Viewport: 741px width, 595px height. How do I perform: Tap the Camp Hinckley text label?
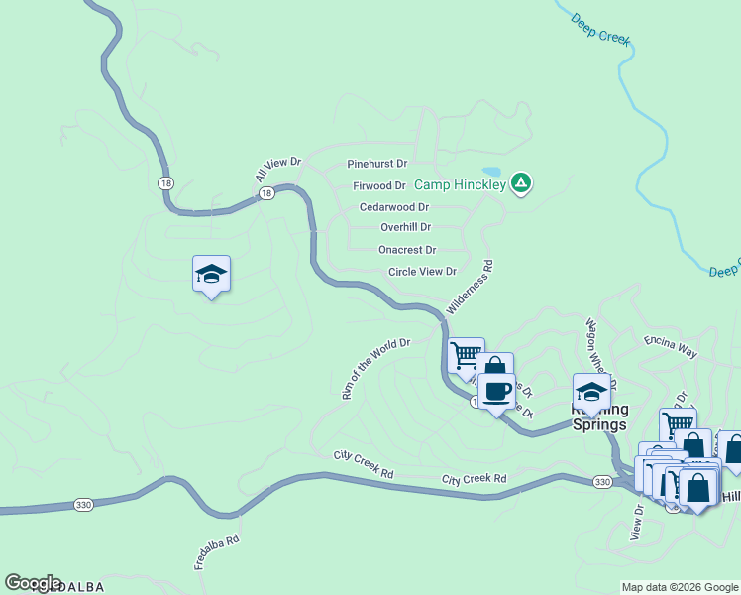pyautogui.click(x=460, y=184)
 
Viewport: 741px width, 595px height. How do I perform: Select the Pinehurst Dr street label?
pyautogui.click(x=377, y=163)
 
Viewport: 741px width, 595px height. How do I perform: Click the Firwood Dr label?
pyautogui.click(x=379, y=185)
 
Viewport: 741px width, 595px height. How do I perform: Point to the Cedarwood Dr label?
pyautogui.click(x=394, y=207)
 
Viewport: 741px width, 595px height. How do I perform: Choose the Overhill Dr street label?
pyautogui.click(x=405, y=227)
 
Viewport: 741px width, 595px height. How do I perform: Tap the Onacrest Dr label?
pyautogui.click(x=407, y=250)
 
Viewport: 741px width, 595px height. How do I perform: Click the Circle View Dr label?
pyautogui.click(x=422, y=271)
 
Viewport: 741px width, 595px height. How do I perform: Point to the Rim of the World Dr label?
pyautogui.click(x=375, y=368)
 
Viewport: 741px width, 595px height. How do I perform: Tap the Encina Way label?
pyautogui.click(x=671, y=346)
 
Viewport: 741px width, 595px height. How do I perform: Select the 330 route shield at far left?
pyautogui.click(x=83, y=505)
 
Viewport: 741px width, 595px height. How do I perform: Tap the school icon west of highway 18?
pyautogui.click(x=211, y=274)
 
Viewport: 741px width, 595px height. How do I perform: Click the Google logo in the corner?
pyautogui.click(x=32, y=583)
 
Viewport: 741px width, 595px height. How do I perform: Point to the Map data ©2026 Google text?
pyautogui.click(x=680, y=587)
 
